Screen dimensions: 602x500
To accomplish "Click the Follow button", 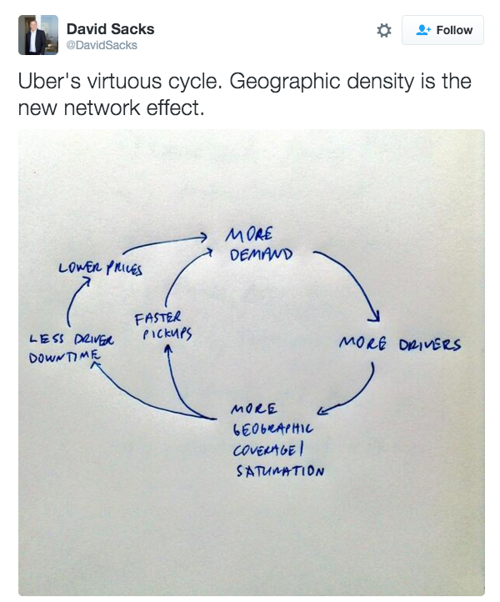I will (442, 30).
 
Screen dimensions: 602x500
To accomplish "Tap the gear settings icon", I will (384, 30).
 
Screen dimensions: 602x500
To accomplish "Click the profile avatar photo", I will (37, 34).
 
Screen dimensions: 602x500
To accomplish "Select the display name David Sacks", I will (110, 28).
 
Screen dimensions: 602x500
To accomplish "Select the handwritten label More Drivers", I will (399, 344).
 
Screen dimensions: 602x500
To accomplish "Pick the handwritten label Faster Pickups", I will (163, 326).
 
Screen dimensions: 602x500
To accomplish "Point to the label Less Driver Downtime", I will (72, 348).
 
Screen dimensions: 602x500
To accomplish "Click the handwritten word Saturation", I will (277, 470).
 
